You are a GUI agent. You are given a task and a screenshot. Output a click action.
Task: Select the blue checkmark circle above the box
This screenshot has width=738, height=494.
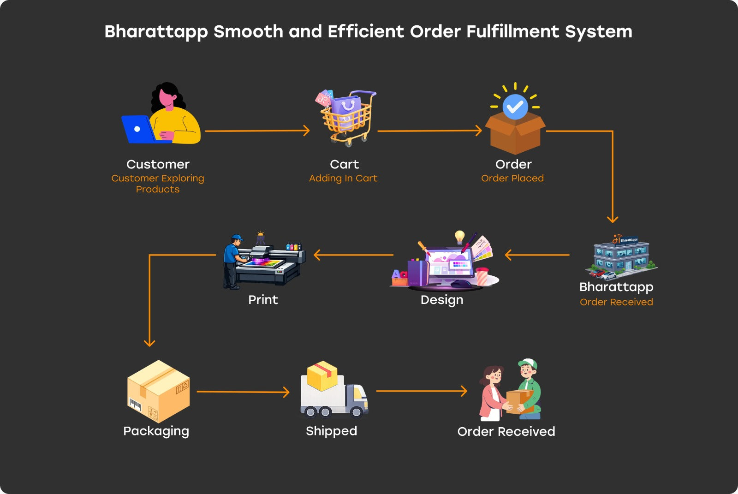[515, 107]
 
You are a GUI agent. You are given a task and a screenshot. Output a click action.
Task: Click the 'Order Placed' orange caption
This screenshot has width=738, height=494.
[512, 178]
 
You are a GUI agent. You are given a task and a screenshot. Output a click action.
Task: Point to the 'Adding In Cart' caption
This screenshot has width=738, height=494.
[343, 178]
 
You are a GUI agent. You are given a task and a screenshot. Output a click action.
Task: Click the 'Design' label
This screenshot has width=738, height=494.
[442, 300]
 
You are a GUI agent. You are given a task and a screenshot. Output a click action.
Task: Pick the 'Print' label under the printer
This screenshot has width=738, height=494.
[263, 299]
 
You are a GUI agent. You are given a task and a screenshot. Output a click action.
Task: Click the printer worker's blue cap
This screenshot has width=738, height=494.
[237, 237]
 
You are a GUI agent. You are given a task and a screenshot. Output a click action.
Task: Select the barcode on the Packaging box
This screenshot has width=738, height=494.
[136, 405]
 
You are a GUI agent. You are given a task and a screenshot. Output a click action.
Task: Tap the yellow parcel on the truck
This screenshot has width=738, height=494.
[322, 375]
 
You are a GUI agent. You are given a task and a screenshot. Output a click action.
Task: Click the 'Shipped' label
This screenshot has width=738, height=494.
[331, 431]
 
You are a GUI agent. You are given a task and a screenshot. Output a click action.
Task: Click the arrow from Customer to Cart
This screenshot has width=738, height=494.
[257, 131]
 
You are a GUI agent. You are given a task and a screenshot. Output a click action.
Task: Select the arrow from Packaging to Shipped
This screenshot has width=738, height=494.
[243, 392]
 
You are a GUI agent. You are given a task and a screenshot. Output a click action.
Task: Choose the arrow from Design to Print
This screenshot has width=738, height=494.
[353, 255]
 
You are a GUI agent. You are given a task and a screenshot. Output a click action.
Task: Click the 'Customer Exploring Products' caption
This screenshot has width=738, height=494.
[157, 184]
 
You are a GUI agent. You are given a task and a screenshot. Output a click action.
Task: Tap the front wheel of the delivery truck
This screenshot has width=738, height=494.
[356, 411]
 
